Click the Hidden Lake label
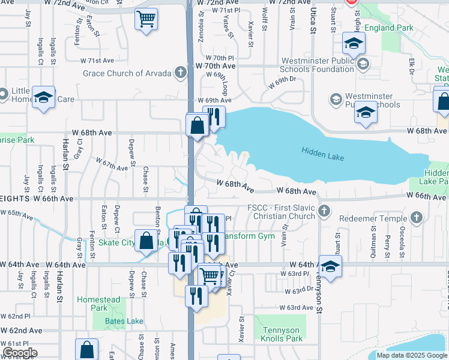tap(322, 155)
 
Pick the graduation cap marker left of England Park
tap(354, 43)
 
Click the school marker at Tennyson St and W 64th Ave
tap(330, 267)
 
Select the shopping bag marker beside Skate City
tap(146, 241)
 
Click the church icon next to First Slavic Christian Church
tap(324, 211)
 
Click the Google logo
tap(20, 353)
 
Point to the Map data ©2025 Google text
tap(412, 355)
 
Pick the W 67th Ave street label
tap(112, 163)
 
